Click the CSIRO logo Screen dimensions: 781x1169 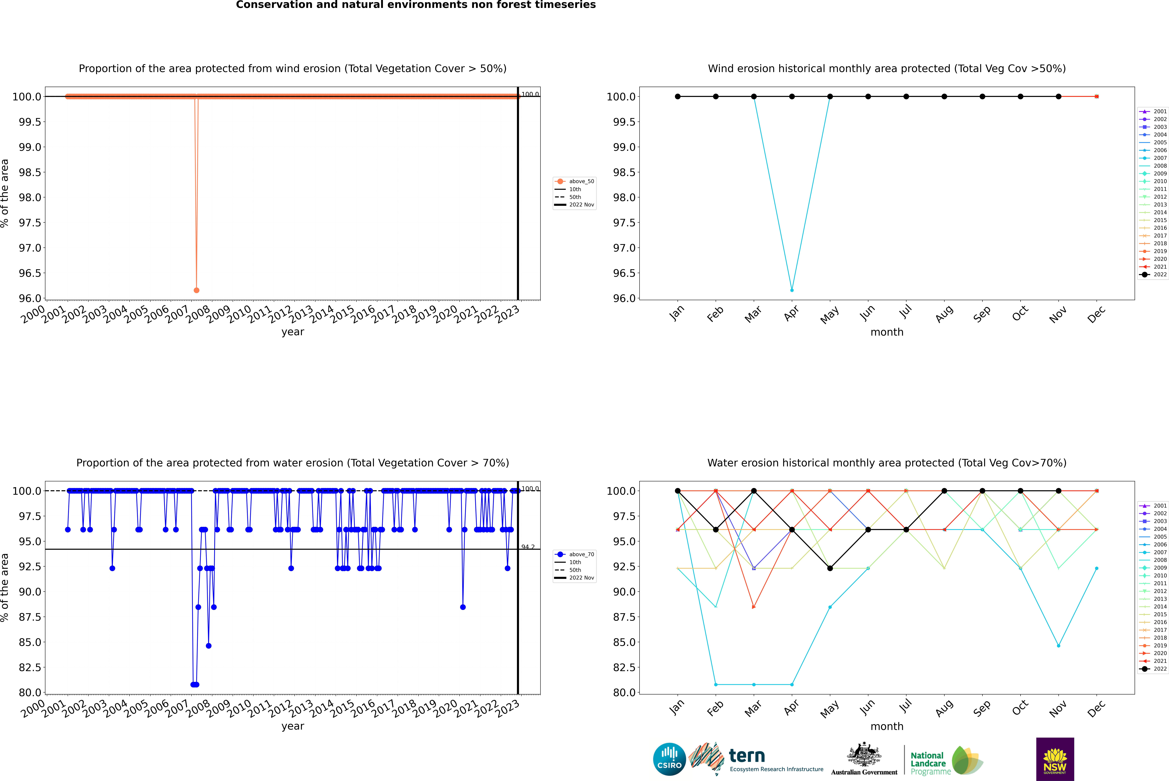click(x=669, y=759)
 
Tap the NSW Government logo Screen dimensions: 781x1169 click(x=1055, y=759)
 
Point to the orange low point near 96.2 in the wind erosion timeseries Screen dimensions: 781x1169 click(x=196, y=290)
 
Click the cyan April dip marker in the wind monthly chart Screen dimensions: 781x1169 click(x=792, y=290)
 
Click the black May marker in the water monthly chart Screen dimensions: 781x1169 click(x=830, y=568)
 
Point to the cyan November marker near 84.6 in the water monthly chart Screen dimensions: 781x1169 click(x=1058, y=646)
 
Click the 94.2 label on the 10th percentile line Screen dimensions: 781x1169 click(x=528, y=547)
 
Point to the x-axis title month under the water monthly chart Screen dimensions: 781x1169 click(x=886, y=726)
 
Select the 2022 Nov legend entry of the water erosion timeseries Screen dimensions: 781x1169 click(x=581, y=578)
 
